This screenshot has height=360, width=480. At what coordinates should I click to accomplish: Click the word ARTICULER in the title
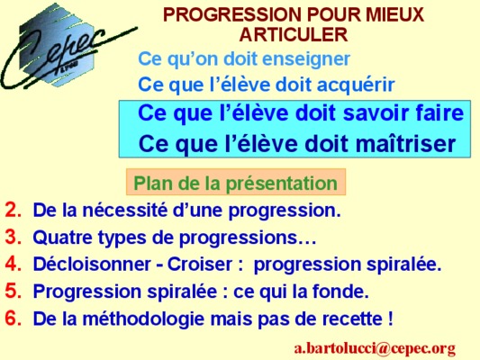(x=294, y=34)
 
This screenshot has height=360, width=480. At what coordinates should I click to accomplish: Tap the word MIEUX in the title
(x=395, y=14)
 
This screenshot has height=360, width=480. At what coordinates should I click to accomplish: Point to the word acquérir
(x=356, y=85)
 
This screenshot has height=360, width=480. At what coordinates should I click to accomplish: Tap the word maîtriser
(x=406, y=143)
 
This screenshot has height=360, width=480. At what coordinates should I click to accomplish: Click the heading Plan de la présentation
(x=235, y=183)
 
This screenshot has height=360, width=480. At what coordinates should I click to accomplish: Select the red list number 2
(x=14, y=210)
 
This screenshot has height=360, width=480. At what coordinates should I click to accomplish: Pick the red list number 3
(x=14, y=237)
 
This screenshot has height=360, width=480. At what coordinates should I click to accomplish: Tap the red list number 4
(x=14, y=264)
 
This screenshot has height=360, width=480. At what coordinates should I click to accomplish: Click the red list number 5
(x=14, y=291)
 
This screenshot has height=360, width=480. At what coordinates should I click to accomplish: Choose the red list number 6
(x=14, y=318)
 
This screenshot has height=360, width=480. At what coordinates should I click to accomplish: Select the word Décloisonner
(x=92, y=264)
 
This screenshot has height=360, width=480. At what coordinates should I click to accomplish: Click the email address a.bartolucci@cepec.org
(x=375, y=348)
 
